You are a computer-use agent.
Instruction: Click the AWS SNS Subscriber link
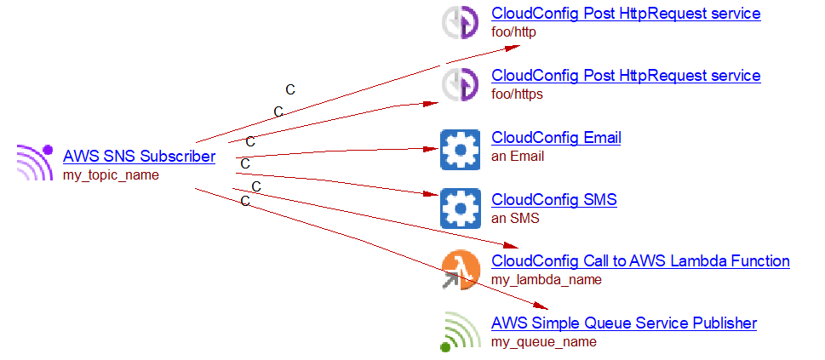pos(139,157)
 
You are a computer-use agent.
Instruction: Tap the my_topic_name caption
pos(111,175)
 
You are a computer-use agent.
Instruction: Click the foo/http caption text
pos(513,32)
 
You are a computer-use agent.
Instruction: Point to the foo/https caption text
pos(517,94)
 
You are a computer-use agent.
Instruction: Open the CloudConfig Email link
pos(556,137)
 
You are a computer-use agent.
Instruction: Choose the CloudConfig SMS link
pos(553,200)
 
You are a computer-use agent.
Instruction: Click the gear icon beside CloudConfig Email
pos(461,149)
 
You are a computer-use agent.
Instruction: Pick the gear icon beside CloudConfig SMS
pos(461,209)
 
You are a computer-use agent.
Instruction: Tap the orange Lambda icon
pos(461,270)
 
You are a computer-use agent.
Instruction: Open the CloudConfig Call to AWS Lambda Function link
pos(640,261)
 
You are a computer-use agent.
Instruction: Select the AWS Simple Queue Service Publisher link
pos(623,323)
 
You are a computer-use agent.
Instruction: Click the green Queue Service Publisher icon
pos(461,332)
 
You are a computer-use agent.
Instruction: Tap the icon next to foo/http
pos(461,23)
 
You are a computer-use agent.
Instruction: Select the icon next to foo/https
pos(461,84)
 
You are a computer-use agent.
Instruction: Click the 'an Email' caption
pos(518,156)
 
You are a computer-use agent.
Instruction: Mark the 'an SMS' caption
pos(515,218)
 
